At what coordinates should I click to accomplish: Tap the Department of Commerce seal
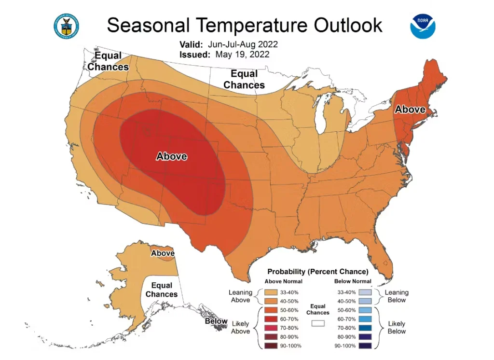pyautogui.click(x=66, y=25)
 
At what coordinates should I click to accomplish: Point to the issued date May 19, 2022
pyautogui.click(x=242, y=55)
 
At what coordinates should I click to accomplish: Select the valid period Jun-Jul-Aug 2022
pyautogui.click(x=243, y=44)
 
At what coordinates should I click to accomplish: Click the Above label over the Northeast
pyautogui.click(x=410, y=110)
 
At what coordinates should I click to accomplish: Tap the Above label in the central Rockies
pyautogui.click(x=171, y=156)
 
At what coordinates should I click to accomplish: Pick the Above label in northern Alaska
pyautogui.click(x=163, y=253)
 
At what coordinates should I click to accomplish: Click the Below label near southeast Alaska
pyautogui.click(x=216, y=321)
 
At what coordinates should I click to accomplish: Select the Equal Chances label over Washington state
pyautogui.click(x=108, y=62)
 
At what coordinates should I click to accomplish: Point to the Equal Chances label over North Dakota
pyautogui.click(x=244, y=80)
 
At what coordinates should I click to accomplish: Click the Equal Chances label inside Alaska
pyautogui.click(x=162, y=290)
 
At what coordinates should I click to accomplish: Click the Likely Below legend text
pyautogui.click(x=397, y=328)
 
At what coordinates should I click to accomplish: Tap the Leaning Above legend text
pyautogui.click(x=240, y=296)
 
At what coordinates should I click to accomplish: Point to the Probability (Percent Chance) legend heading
pyautogui.click(x=318, y=271)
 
